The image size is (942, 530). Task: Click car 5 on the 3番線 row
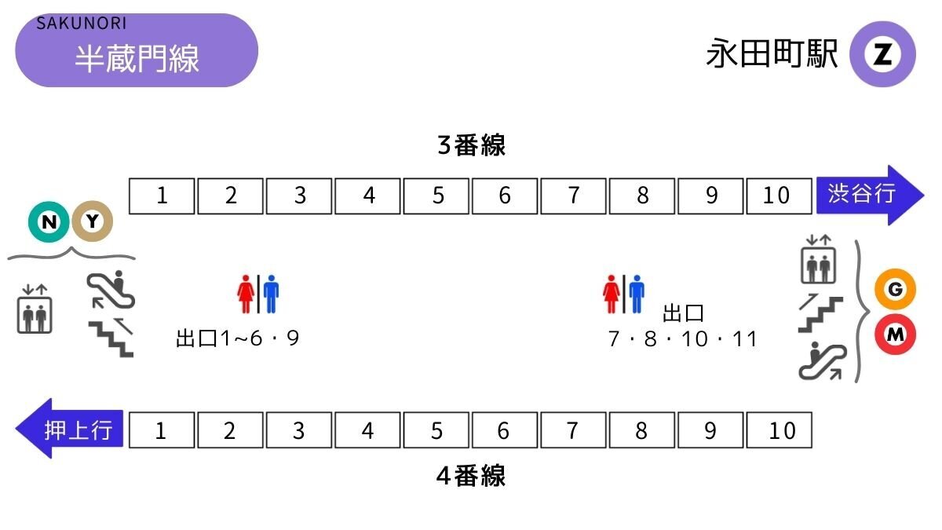436,196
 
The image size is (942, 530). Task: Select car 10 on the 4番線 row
779,430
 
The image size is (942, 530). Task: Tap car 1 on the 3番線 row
162,196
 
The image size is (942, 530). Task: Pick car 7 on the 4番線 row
573,430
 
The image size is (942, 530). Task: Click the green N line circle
49,223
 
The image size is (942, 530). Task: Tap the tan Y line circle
93,223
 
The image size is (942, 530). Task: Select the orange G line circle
895,290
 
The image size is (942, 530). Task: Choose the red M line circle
895,335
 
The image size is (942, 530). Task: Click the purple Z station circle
883,54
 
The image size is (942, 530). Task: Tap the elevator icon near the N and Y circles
34,313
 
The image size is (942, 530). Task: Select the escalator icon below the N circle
111,289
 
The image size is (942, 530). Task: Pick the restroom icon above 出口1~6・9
258,294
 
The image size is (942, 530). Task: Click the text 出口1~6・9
237,338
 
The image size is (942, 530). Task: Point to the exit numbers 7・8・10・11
682,339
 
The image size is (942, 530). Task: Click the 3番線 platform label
471,145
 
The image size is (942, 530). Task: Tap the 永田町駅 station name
772,54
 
